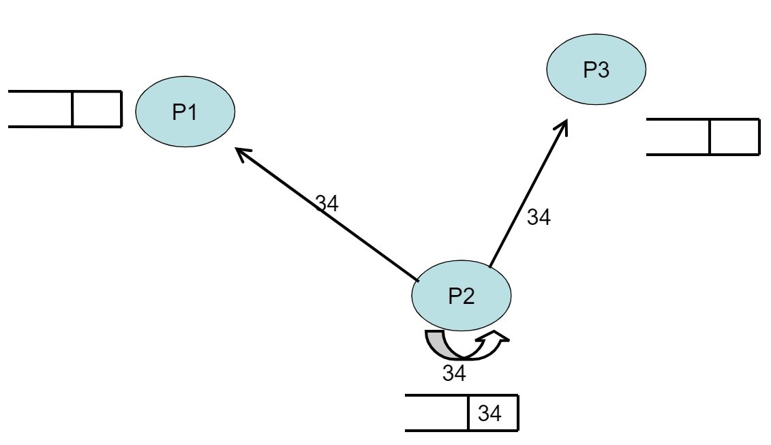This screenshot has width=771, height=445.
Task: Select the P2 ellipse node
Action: coord(462,295)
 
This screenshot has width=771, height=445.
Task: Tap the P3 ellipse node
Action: coord(596,70)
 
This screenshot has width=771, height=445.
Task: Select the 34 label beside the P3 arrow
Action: coord(539,218)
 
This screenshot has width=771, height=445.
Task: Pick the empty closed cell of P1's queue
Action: coord(96,109)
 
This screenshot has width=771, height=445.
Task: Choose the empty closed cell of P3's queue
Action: coord(734,136)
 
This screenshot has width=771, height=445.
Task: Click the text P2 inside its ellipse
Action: coord(462,295)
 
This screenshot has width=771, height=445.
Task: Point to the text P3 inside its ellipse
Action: coord(596,70)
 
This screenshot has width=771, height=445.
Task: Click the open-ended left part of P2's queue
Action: coord(436,412)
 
